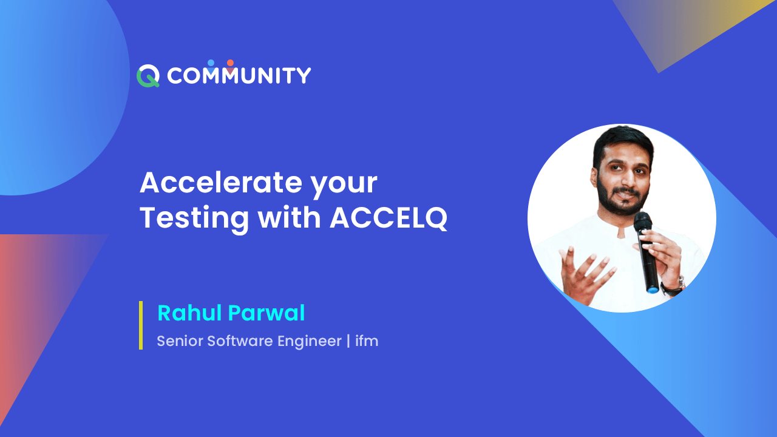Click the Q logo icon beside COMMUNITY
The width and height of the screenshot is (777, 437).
pyautogui.click(x=148, y=76)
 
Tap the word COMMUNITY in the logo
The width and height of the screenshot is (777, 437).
pyautogui.click(x=239, y=76)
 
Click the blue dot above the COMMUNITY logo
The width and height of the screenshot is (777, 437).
pyautogui.click(x=211, y=63)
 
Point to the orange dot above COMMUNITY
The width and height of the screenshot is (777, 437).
pyautogui.click(x=230, y=63)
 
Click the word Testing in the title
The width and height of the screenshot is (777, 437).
pyautogui.click(x=194, y=218)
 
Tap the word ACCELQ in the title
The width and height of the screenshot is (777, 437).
pyautogui.click(x=388, y=218)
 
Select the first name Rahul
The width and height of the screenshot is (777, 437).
pyautogui.click(x=189, y=313)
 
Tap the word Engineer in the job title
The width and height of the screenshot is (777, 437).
pyautogui.click(x=310, y=341)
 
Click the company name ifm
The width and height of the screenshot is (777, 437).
pyautogui.click(x=367, y=341)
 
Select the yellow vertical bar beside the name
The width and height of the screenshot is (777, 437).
pyautogui.click(x=141, y=325)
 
